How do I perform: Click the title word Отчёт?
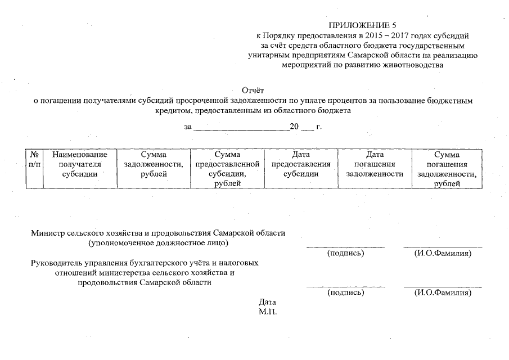[253, 91]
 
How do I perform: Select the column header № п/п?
[34, 164]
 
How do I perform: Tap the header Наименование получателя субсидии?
[79, 164]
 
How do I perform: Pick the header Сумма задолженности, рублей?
[154, 164]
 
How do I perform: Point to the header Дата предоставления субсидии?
[301, 164]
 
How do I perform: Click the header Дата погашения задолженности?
[375, 164]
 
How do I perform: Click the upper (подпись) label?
[346, 254]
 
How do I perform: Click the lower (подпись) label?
[346, 292]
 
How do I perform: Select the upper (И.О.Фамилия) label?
[443, 254]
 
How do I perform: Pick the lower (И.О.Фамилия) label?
[443, 292]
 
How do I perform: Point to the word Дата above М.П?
[267, 302]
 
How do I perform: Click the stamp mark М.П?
[268, 311]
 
